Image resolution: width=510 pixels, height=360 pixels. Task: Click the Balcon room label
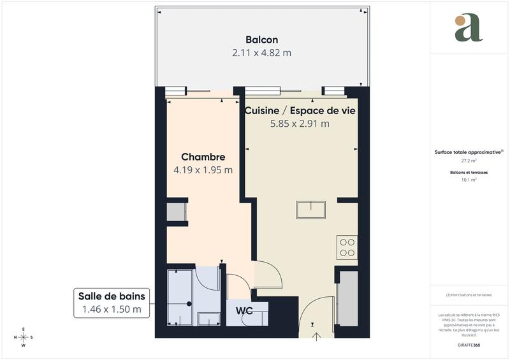[261, 40]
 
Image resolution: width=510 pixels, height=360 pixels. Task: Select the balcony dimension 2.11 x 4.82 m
[261, 53]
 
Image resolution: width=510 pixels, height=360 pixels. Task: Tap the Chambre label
[203, 157]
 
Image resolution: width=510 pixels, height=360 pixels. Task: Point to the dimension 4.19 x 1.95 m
[203, 170]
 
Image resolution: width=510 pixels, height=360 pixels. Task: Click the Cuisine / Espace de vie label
[300, 110]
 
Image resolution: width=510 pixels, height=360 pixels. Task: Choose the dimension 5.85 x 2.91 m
[300, 124]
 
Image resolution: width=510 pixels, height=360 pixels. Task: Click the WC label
[244, 311]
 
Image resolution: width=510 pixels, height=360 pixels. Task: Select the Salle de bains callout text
[112, 296]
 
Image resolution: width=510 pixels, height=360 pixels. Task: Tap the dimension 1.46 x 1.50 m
[112, 310]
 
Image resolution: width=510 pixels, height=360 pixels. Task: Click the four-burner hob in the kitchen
[347, 247]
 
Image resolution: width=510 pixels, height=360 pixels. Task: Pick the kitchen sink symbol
[310, 210]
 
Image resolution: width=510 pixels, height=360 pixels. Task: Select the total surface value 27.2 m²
[469, 161]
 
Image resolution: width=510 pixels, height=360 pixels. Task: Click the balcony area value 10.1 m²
[469, 180]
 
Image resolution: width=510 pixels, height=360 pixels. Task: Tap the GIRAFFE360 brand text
[469, 344]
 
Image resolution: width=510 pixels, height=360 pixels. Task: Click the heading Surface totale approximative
[469, 152]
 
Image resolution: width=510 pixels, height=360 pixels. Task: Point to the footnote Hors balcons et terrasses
[469, 295]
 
